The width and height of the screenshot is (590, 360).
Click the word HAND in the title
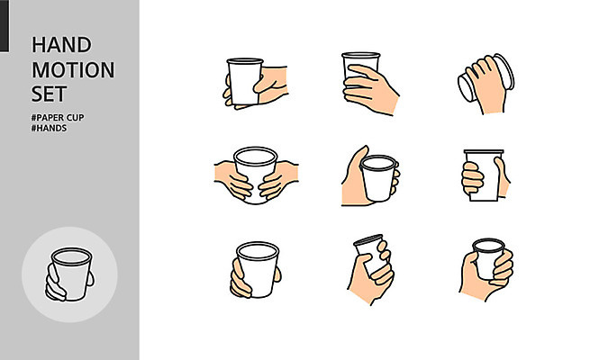click(x=61, y=45)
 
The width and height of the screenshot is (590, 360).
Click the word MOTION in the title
click(x=73, y=70)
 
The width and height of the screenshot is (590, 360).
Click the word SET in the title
click(x=49, y=94)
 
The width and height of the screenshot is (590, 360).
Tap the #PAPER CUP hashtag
click(x=58, y=118)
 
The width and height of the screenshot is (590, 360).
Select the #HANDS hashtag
click(x=49, y=128)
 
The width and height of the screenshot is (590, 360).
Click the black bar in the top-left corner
click(x=5, y=25)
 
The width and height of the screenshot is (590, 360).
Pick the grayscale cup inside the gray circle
click(x=71, y=274)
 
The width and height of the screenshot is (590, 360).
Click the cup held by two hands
click(x=256, y=173)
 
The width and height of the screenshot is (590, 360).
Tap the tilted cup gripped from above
click(x=486, y=78)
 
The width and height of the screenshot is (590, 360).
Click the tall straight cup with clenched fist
click(x=484, y=175)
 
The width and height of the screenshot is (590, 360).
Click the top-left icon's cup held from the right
click(x=245, y=81)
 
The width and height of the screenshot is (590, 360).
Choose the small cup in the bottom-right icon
click(x=488, y=257)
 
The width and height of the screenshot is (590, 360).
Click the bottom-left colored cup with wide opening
click(x=259, y=269)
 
